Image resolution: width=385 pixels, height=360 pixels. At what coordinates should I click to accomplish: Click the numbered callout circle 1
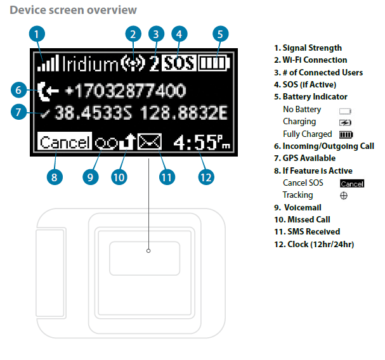38,34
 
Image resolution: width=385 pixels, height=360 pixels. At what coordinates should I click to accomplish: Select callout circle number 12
204,177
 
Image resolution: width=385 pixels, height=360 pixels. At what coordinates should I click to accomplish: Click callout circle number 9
90,177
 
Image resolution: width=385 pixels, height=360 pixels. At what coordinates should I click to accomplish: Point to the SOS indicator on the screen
179,63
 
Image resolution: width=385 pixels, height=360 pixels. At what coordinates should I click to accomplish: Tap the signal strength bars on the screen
48,63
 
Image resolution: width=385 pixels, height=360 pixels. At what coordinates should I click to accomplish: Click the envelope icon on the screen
150,142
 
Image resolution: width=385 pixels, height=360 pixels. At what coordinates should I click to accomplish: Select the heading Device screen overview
74,10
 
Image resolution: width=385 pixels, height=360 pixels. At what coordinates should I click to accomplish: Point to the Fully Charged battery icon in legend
346,134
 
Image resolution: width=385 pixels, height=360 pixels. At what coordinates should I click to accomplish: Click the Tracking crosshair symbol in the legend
344,196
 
